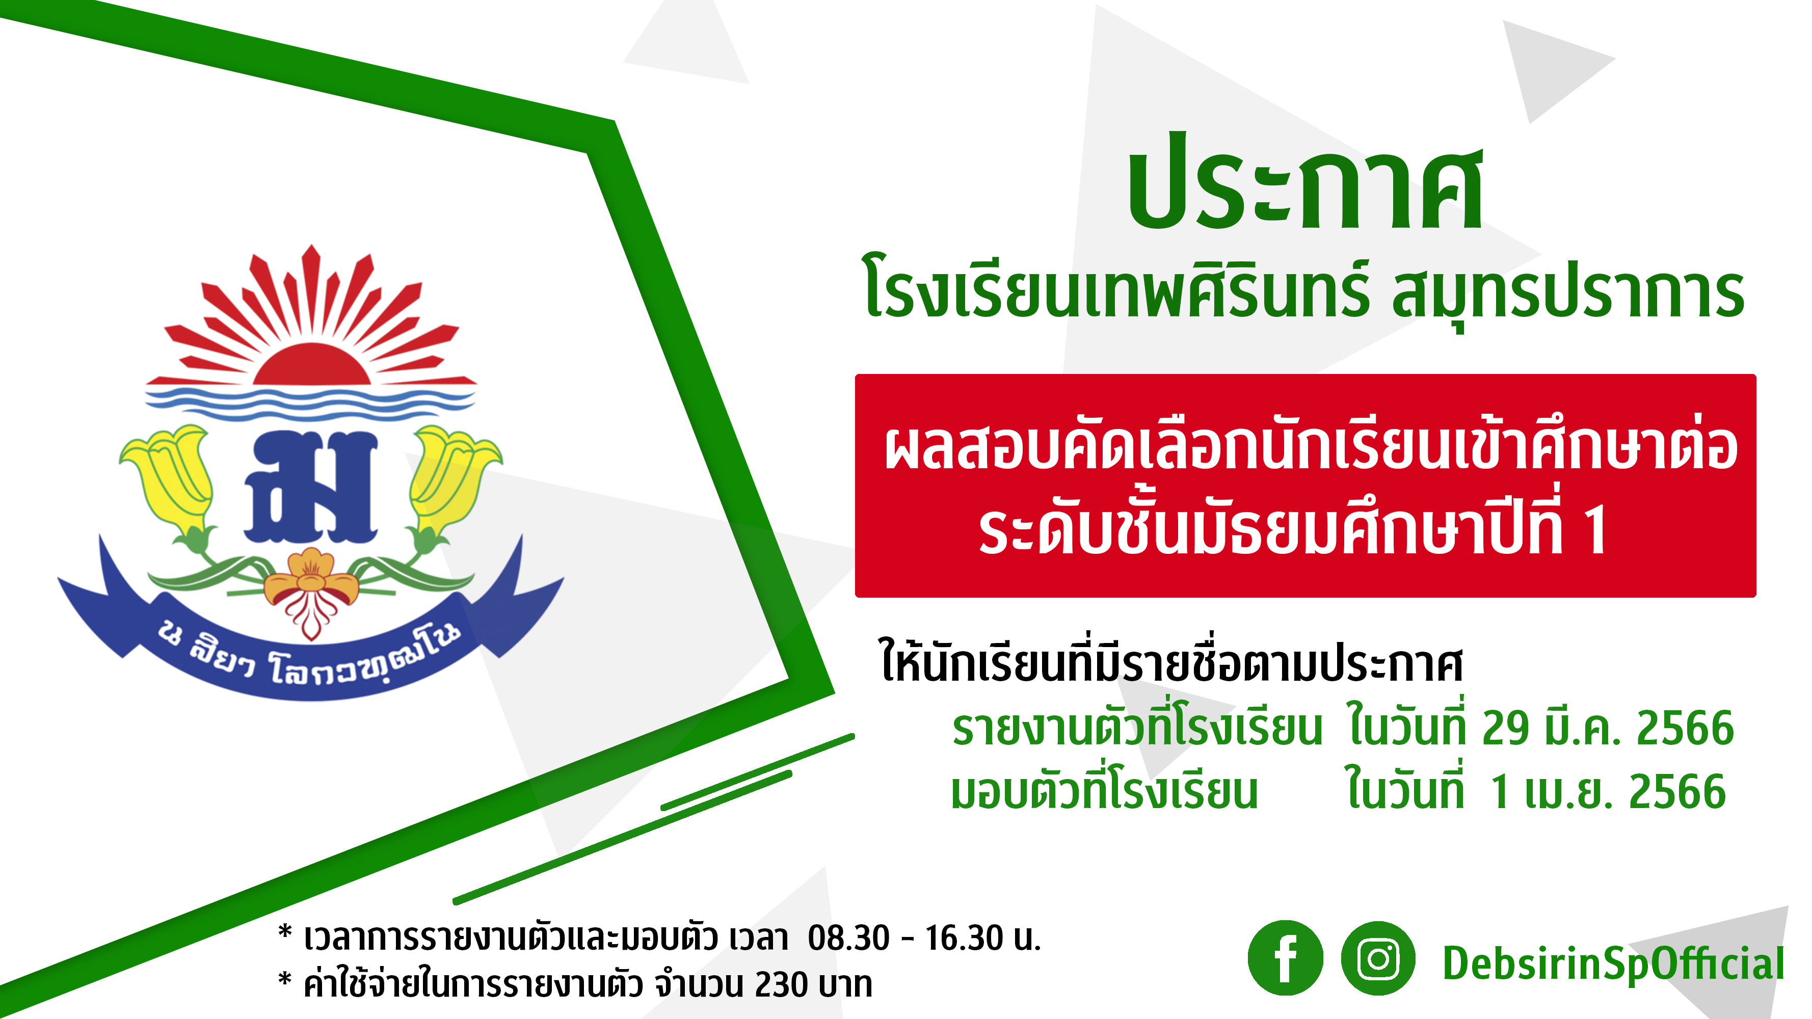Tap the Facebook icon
pos(1285,958)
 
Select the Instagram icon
pos(1378,958)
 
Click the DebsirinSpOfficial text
pos(1613,964)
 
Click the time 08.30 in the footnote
pos(848,937)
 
